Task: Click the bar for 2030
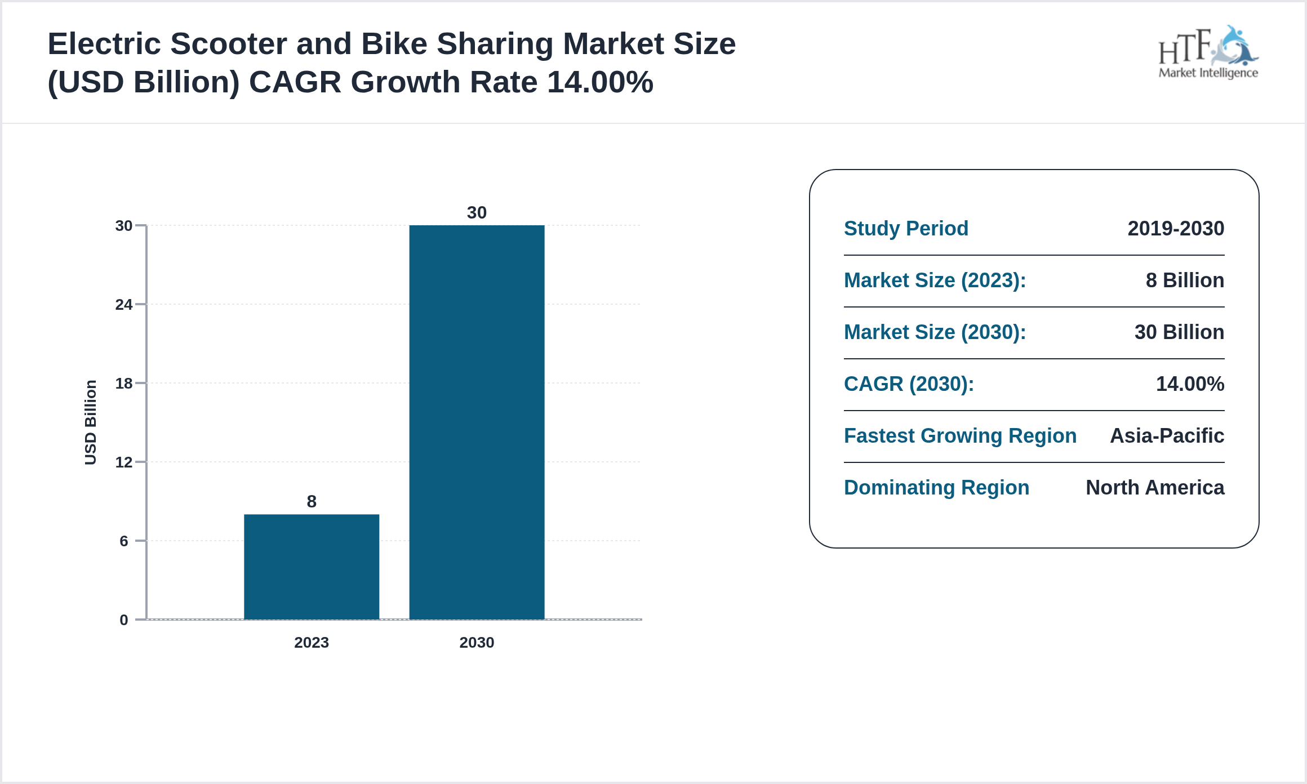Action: (x=477, y=422)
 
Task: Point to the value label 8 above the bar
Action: (x=312, y=501)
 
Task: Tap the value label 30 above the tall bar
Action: (x=477, y=212)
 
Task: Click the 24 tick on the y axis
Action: (x=123, y=305)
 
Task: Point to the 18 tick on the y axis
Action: (x=123, y=384)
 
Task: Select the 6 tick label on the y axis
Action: (x=123, y=541)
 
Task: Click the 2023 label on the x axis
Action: (x=312, y=642)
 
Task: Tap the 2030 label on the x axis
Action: (x=477, y=642)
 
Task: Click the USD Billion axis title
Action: (x=90, y=422)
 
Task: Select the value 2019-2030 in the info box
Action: (x=1176, y=229)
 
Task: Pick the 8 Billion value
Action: (x=1185, y=280)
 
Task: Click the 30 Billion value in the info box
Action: (x=1179, y=332)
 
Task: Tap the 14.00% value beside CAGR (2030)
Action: (x=1190, y=384)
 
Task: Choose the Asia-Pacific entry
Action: (x=1167, y=436)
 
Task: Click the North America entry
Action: (x=1155, y=488)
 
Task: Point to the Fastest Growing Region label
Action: (x=960, y=436)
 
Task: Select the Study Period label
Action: (x=906, y=229)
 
